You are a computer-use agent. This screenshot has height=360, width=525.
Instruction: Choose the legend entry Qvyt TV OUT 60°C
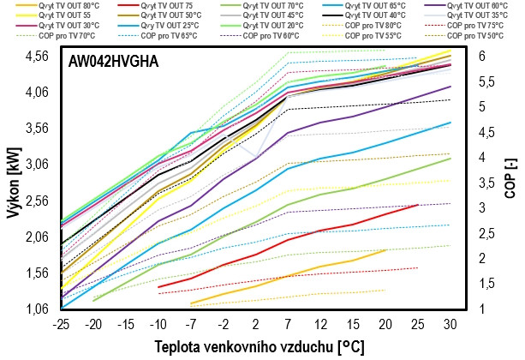475,5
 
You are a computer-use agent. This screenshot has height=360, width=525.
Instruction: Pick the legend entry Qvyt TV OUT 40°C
394,15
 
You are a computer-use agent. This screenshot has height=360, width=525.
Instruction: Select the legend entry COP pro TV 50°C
475,37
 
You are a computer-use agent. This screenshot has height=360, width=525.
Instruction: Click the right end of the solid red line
418,205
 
